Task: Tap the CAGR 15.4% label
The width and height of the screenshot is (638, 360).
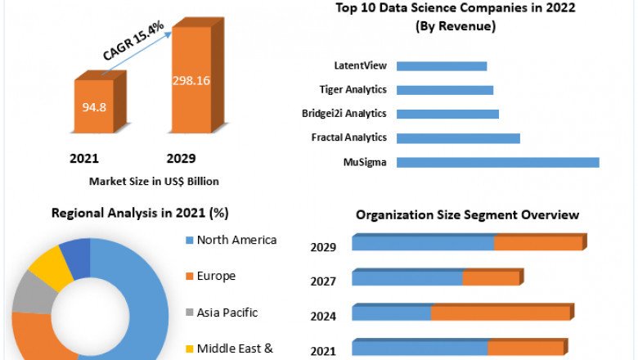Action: pos(133,41)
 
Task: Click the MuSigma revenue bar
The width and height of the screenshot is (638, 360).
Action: pos(497,162)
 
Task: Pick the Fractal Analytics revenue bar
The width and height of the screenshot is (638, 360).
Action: pos(458,137)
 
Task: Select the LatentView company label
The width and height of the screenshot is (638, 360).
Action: pos(360,65)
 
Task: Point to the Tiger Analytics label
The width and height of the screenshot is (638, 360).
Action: pos(353,89)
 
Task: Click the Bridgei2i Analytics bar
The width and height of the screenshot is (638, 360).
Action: pos(447,114)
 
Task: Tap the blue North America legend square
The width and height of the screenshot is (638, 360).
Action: pos(190,241)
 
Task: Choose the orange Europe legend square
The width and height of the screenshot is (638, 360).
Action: pos(190,277)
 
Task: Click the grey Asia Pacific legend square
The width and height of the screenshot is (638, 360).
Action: pos(190,313)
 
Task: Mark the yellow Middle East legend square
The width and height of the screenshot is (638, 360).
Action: pos(190,349)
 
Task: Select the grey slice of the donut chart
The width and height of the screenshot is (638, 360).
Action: pos(29,292)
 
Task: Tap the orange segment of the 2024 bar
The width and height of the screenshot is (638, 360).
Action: pos(500,313)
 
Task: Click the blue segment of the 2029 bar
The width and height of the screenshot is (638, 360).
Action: pos(423,244)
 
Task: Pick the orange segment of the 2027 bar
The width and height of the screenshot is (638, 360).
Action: pos(491,279)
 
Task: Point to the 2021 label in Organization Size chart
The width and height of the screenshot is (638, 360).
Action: pos(323,352)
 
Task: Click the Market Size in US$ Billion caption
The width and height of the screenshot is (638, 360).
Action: pos(154,181)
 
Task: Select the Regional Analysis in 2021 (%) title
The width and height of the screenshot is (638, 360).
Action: pos(140,213)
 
